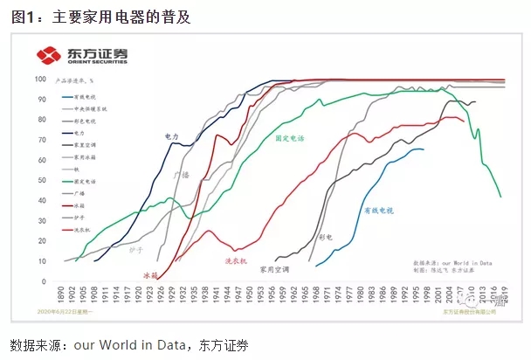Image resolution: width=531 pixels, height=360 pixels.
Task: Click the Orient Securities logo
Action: (x=82, y=56)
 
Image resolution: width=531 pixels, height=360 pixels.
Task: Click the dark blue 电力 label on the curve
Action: (x=172, y=136)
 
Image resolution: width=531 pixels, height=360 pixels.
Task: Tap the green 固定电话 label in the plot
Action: (x=291, y=138)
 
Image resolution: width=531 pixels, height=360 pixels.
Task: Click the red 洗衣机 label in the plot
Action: (x=237, y=261)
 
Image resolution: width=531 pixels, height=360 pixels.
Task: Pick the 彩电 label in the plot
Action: (x=326, y=237)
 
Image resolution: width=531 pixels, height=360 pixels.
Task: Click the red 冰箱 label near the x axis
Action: (x=150, y=275)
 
